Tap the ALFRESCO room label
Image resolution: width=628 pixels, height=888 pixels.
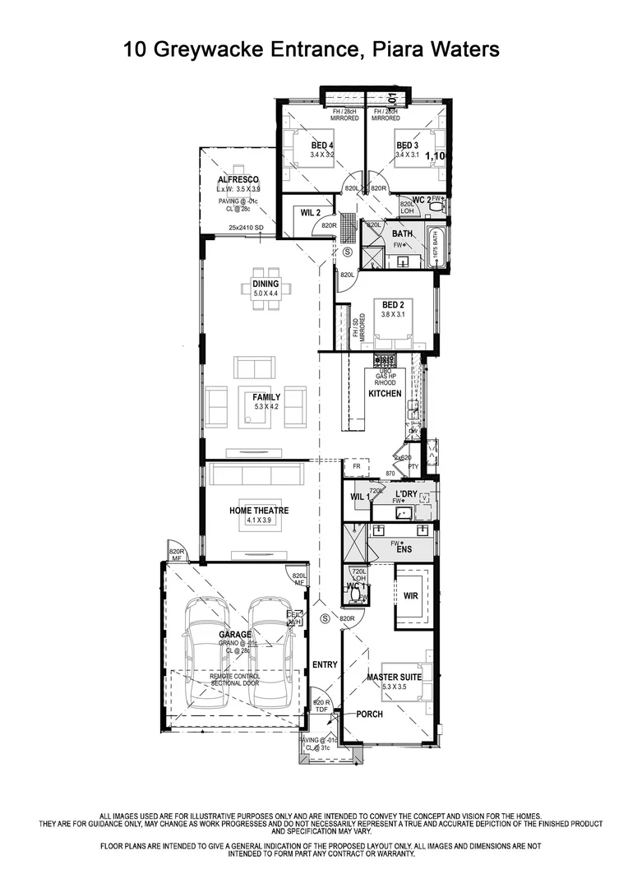(238, 179)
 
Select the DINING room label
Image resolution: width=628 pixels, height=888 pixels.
(266, 284)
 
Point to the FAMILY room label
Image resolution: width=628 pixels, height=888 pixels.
(266, 396)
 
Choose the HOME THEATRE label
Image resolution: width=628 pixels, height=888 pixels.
(259, 511)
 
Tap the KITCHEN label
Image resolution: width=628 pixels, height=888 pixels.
(385, 394)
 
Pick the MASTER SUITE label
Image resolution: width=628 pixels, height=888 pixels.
(394, 677)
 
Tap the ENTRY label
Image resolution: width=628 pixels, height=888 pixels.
(325, 664)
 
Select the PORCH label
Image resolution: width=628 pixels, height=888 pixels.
(369, 714)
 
